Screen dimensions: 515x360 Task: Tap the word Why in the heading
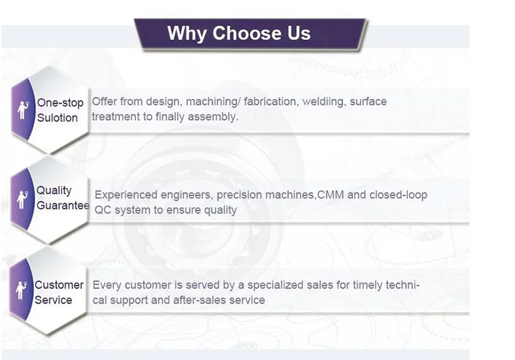coord(187,34)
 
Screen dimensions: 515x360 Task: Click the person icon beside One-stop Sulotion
coord(23,110)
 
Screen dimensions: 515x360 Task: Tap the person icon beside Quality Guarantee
coord(22,200)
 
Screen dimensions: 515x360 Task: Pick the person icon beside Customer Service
coord(21,290)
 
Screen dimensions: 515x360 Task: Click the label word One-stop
coord(60,103)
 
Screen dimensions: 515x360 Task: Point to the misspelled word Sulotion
coord(57,117)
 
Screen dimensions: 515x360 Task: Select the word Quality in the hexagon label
coord(54,190)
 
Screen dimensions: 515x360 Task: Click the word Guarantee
coord(63,205)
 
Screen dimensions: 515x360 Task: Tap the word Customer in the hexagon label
coord(59,285)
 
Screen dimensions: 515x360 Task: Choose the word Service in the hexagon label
coord(53,300)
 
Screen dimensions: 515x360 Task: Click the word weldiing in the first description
coord(324,102)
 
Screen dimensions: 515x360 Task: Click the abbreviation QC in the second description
coord(103,210)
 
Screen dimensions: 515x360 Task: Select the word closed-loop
coord(398,195)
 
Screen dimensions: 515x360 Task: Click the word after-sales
coord(196,300)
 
